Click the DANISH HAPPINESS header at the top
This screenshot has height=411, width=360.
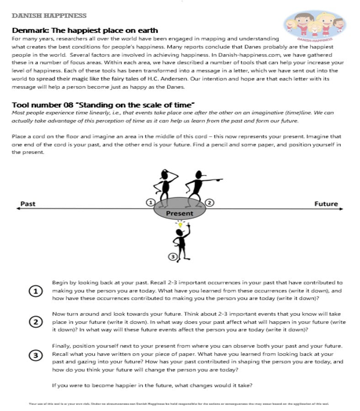coord(49,16)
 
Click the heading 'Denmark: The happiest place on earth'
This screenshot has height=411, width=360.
coord(85,31)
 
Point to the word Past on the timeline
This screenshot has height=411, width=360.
coord(28,204)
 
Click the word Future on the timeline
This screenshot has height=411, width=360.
coord(326,204)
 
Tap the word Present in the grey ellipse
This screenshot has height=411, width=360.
coord(180,213)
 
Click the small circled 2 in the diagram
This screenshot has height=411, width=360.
coord(209,202)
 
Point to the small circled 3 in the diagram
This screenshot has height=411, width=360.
coord(172,257)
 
